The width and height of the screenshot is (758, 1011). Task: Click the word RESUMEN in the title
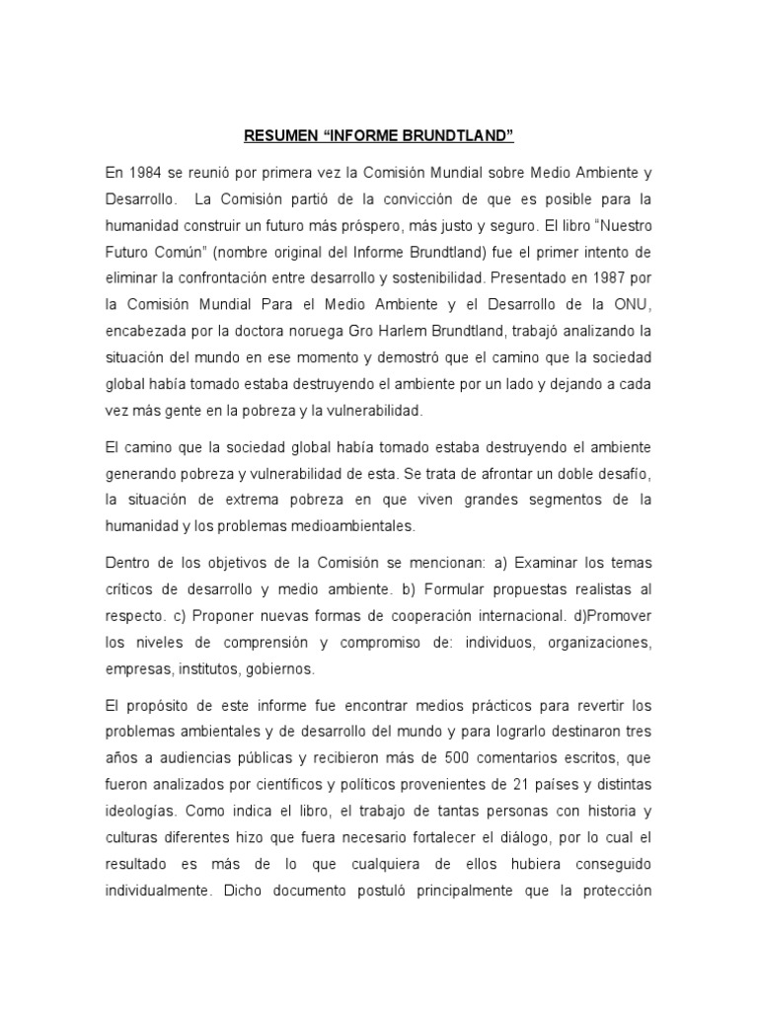(275, 134)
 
